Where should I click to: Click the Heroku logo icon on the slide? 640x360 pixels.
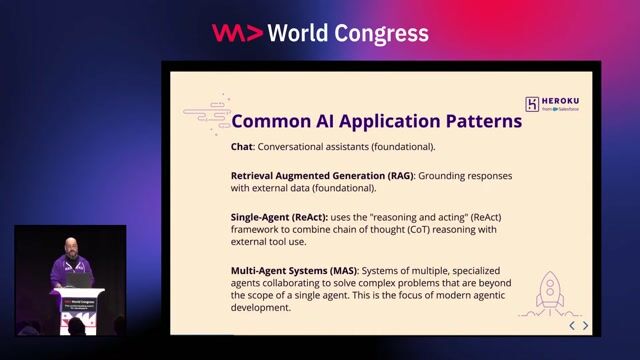pyautogui.click(x=532, y=103)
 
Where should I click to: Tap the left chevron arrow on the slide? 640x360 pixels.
pyautogui.click(x=572, y=326)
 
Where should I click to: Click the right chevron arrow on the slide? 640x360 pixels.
pyautogui.click(x=586, y=326)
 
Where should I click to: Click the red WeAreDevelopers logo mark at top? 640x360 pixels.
pyautogui.click(x=238, y=33)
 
